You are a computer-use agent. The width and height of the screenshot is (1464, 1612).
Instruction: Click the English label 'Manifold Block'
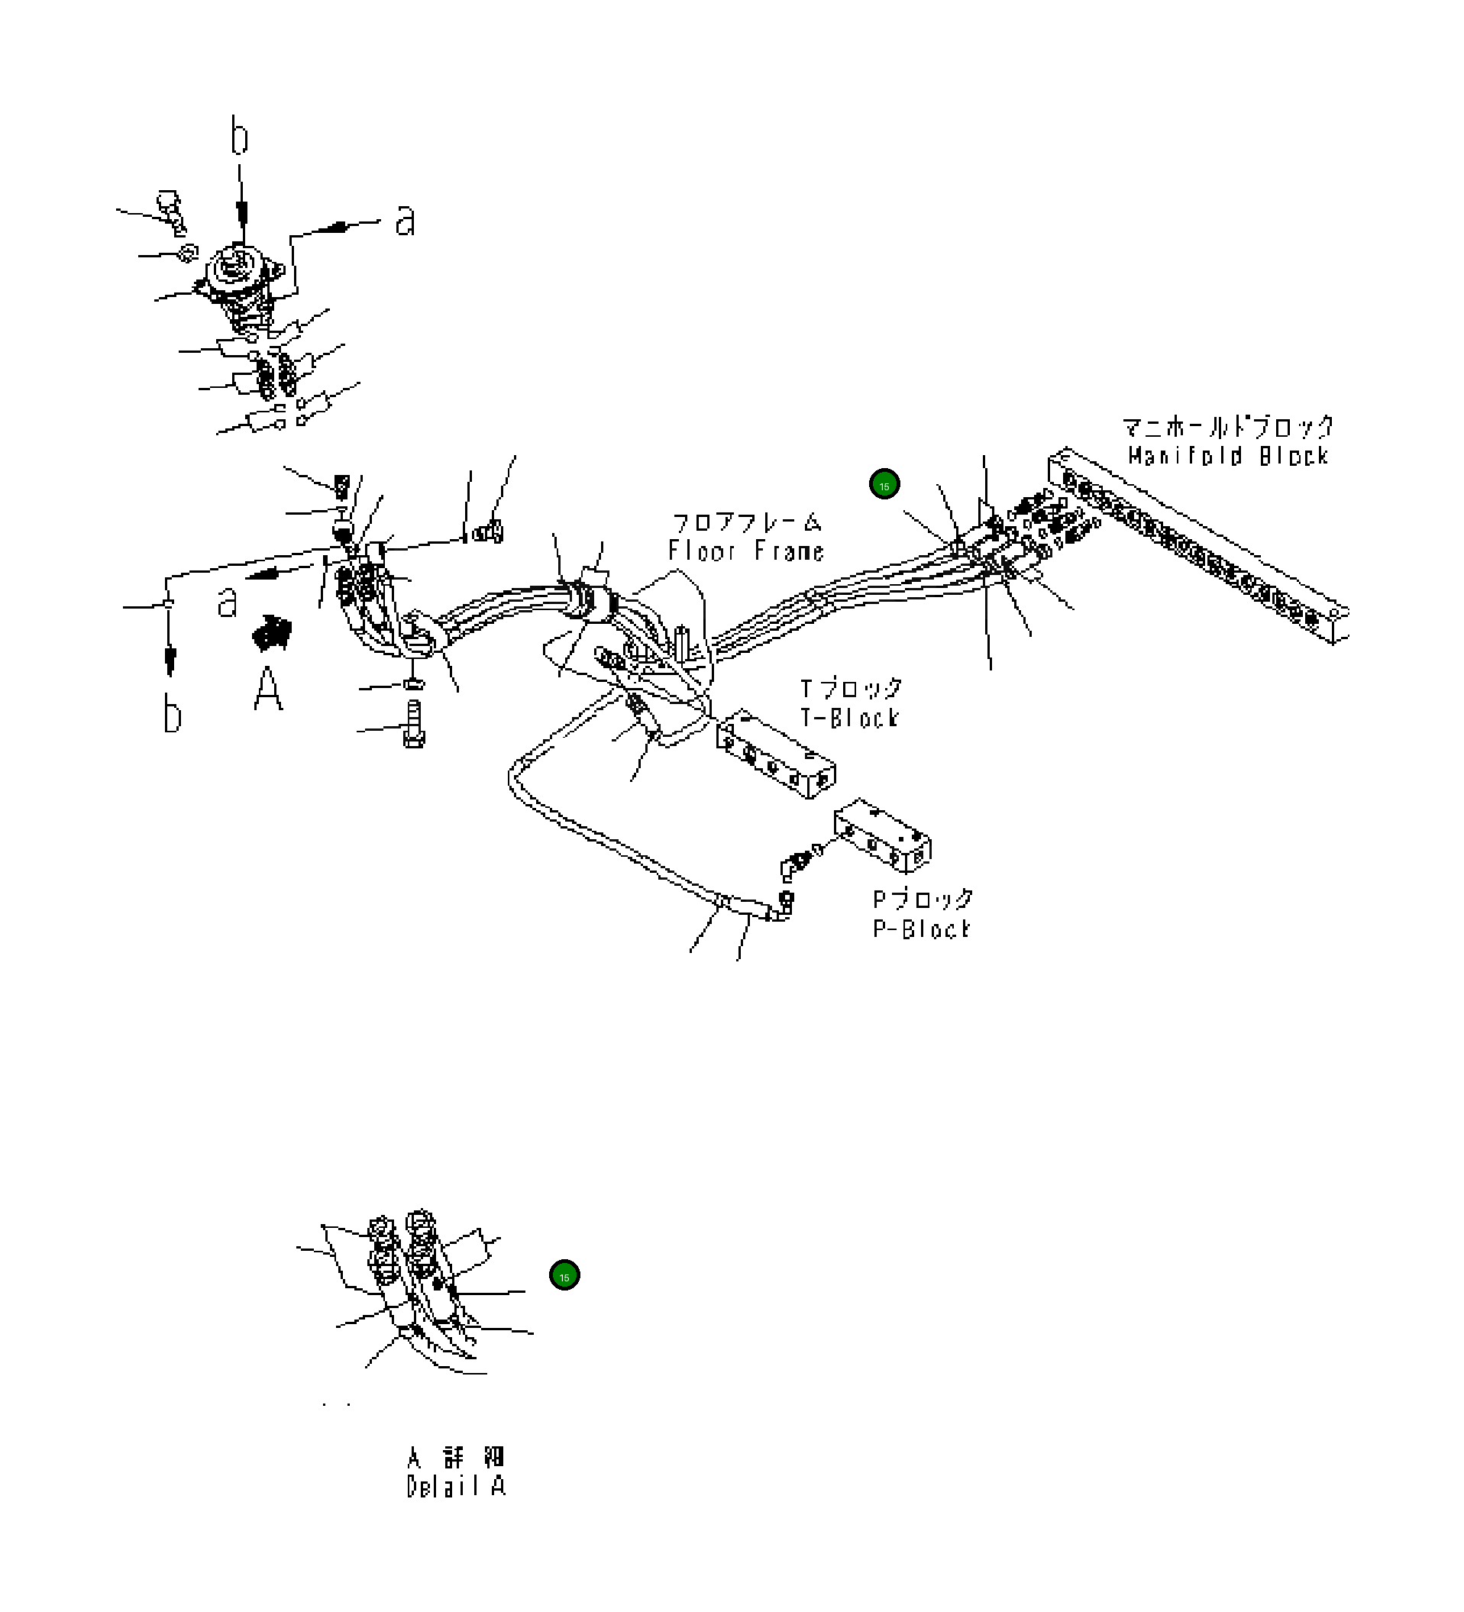(1227, 456)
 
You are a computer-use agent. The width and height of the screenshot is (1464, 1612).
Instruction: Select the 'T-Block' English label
(850, 717)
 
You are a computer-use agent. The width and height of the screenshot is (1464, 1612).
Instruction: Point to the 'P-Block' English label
(921, 929)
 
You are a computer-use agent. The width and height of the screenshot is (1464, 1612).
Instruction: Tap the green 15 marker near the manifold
(884, 485)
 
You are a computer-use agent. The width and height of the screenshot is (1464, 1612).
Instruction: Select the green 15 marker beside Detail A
(564, 1275)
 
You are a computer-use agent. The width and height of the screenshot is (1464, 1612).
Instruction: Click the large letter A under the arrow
(269, 690)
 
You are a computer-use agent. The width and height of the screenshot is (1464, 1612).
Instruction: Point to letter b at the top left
(239, 137)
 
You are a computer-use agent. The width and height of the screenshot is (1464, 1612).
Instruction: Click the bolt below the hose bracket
(414, 724)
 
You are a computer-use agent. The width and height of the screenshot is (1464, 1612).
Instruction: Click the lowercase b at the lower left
(172, 713)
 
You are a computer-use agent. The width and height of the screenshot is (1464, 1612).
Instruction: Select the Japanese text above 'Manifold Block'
(1227, 427)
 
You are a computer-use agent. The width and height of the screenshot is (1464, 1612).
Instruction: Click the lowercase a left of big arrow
(228, 601)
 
